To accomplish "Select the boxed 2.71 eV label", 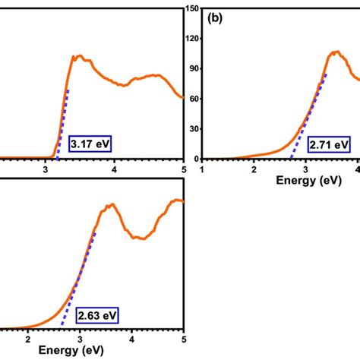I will click(x=330, y=144).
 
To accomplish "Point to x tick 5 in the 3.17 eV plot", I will click(x=183, y=170).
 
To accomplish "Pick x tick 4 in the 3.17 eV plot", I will click(x=114, y=170).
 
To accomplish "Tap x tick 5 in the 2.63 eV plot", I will click(x=183, y=340).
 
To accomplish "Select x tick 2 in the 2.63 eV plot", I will click(x=28, y=340).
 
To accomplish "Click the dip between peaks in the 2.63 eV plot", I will click(x=138, y=238).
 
